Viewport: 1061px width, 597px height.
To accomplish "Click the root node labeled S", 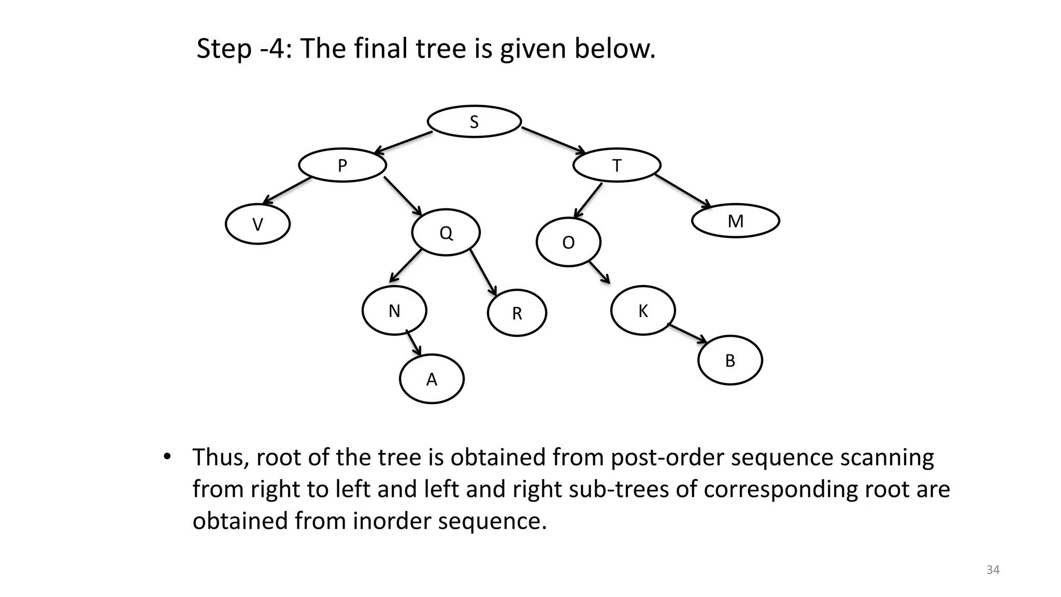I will click(x=474, y=122).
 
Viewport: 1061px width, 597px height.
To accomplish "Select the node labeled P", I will click(x=342, y=165).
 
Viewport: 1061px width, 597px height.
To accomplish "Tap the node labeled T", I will click(x=616, y=165).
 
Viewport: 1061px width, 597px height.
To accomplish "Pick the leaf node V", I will click(x=257, y=224).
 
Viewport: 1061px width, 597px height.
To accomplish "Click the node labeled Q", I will click(x=446, y=232).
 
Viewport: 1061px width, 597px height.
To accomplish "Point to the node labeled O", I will click(x=568, y=242).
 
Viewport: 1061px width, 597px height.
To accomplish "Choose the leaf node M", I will click(x=735, y=221).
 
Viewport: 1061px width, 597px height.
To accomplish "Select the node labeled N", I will click(x=394, y=310).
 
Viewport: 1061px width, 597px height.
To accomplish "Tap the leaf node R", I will click(x=517, y=313).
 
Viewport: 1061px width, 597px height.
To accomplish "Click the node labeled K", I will click(x=643, y=310).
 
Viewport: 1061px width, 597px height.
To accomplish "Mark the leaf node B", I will click(x=730, y=360).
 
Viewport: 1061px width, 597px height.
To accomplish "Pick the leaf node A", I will click(x=432, y=379).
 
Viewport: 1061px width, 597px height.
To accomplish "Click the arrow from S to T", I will click(x=553, y=140).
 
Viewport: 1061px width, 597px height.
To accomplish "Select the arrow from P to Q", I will click(x=403, y=196).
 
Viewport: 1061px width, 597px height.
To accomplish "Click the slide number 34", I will click(x=993, y=570).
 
